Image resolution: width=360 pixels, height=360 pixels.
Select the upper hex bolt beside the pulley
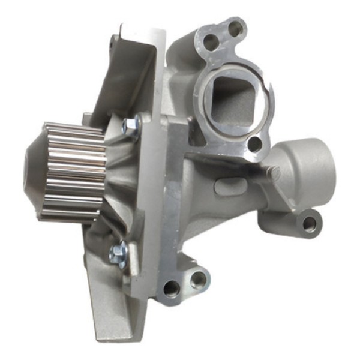[131, 125]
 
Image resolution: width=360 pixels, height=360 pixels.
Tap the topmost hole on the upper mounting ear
[235, 26]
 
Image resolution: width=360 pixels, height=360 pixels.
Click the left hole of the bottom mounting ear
[172, 289]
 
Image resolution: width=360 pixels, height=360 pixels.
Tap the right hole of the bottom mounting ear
[199, 278]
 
